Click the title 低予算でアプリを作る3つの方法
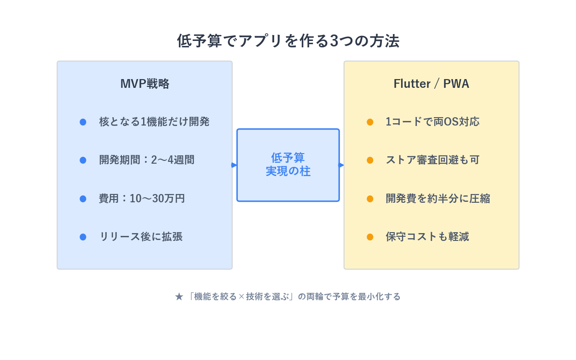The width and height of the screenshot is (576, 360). [288, 41]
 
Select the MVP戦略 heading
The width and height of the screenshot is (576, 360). [145, 84]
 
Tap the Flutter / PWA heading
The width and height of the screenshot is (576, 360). [431, 84]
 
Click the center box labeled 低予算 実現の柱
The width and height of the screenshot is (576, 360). [288, 165]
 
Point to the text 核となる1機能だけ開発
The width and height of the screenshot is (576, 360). [154, 122]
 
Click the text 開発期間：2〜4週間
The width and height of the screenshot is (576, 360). [147, 160]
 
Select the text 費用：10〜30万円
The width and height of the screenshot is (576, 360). [142, 199]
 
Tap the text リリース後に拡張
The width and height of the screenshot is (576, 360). [141, 237]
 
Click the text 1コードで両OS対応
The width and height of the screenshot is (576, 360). [432, 122]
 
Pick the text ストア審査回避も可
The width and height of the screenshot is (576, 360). [432, 160]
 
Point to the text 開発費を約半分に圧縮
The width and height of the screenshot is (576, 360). [438, 199]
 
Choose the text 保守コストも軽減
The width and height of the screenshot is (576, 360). [427, 237]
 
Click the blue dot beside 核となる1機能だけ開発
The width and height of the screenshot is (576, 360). [83, 122]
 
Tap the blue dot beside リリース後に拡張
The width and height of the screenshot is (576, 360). [83, 237]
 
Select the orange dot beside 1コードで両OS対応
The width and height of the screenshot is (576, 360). [370, 122]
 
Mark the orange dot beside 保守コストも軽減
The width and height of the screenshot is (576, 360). [370, 237]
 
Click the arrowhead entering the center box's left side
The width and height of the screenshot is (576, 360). [234, 165]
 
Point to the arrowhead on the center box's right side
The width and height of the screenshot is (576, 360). [341, 165]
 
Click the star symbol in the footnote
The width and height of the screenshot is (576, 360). [179, 297]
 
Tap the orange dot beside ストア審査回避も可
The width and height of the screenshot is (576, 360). [370, 160]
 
